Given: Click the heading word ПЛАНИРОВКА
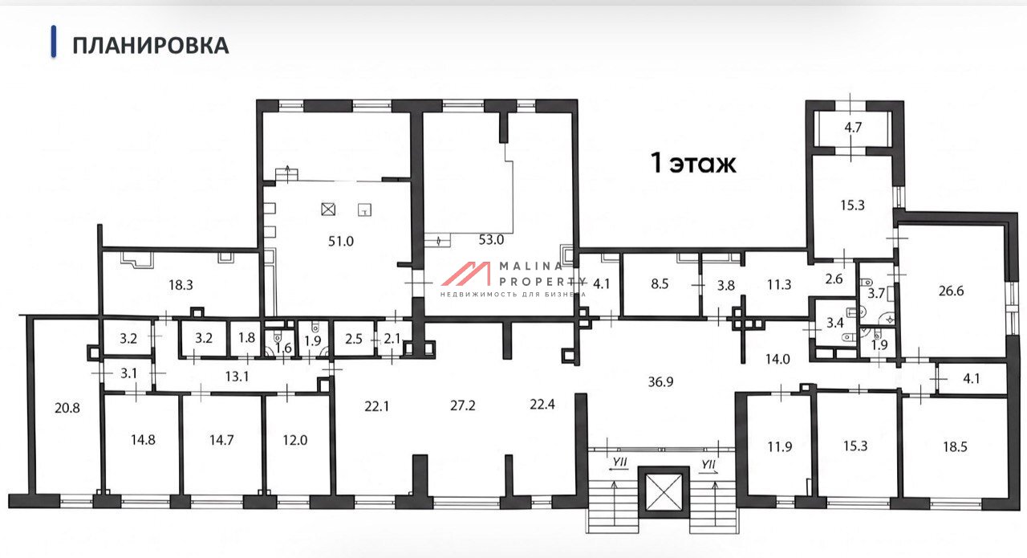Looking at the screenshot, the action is coord(150,46).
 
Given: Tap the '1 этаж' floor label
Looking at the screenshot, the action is coord(693,163).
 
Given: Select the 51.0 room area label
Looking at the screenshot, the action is coord(341,241).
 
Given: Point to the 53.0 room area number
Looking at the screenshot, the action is coord(491,239).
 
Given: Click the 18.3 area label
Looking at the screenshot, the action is coord(181,285).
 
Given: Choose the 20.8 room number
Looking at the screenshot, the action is coord(67,408).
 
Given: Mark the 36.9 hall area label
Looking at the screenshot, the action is coord(660,382).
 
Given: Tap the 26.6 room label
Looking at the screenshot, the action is coord(951,291).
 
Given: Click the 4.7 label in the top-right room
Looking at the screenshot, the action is coord(853,127).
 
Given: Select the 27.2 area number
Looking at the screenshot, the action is coord(463,405).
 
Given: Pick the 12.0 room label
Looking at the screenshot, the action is coord(294,440).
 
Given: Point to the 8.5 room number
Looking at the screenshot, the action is coord(660,283).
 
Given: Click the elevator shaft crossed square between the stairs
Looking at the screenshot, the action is coord(664,492).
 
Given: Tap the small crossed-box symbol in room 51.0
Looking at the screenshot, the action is coord(328,210).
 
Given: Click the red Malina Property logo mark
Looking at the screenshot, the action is coord(466,274).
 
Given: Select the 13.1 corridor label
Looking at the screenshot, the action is coord(237,377).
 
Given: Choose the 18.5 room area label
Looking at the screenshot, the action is coord(955,446).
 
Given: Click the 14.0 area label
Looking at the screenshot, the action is coord(777,359).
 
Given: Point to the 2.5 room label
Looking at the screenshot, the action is coord(354,339).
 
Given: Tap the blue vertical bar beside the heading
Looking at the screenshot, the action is coord(54,42).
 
